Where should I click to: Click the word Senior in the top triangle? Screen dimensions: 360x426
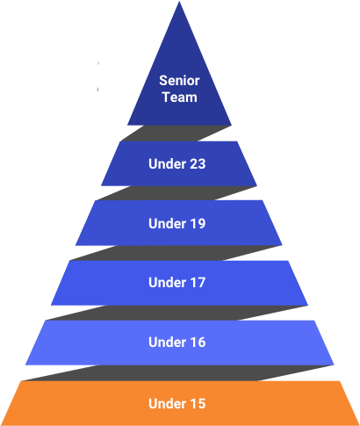tap(179, 81)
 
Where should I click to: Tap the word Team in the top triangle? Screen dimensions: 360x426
tap(180, 97)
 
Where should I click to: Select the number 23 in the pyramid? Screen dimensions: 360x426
tap(198, 164)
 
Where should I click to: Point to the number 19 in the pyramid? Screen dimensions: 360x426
tap(198, 224)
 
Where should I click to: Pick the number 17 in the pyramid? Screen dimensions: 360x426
tap(198, 283)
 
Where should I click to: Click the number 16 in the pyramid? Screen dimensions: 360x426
tap(198, 343)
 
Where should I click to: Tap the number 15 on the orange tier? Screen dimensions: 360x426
tap(198, 403)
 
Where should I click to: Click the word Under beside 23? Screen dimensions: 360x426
tap(167, 164)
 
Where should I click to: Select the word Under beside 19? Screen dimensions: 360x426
tap(167, 224)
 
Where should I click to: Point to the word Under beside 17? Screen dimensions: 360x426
tap(167, 283)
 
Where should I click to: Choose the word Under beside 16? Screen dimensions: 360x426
tap(167, 343)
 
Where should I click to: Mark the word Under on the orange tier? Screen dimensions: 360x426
tap(167, 403)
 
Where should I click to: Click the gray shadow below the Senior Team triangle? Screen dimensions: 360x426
tap(176, 134)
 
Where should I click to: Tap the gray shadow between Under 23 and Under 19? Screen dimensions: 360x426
tap(176, 193)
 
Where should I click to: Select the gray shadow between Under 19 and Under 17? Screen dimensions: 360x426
tap(176, 253)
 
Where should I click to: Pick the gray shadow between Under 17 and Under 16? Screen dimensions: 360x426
tap(176, 313)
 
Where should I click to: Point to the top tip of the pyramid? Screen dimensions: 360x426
tap(179, 1)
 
